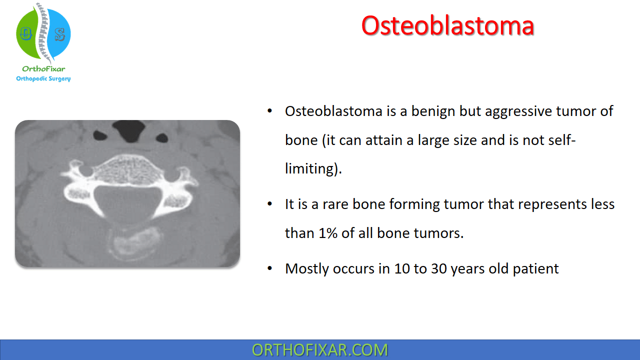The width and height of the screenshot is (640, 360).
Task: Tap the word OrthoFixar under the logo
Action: [x=43, y=69]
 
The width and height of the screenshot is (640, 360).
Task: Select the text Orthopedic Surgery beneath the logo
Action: [x=43, y=78]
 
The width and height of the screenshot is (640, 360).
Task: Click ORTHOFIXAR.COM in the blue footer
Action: [x=319, y=350]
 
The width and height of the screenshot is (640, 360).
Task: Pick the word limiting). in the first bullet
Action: [x=313, y=168]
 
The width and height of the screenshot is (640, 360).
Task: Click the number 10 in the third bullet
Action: [x=401, y=269]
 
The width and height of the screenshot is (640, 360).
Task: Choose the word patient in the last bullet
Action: [x=535, y=269]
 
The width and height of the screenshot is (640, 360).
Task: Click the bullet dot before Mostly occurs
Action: [x=269, y=268]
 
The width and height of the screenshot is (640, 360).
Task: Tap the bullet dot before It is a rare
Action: [x=269, y=204]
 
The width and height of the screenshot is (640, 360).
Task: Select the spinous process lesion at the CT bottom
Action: [x=133, y=242]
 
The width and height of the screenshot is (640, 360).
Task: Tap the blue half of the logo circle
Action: [x=59, y=33]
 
